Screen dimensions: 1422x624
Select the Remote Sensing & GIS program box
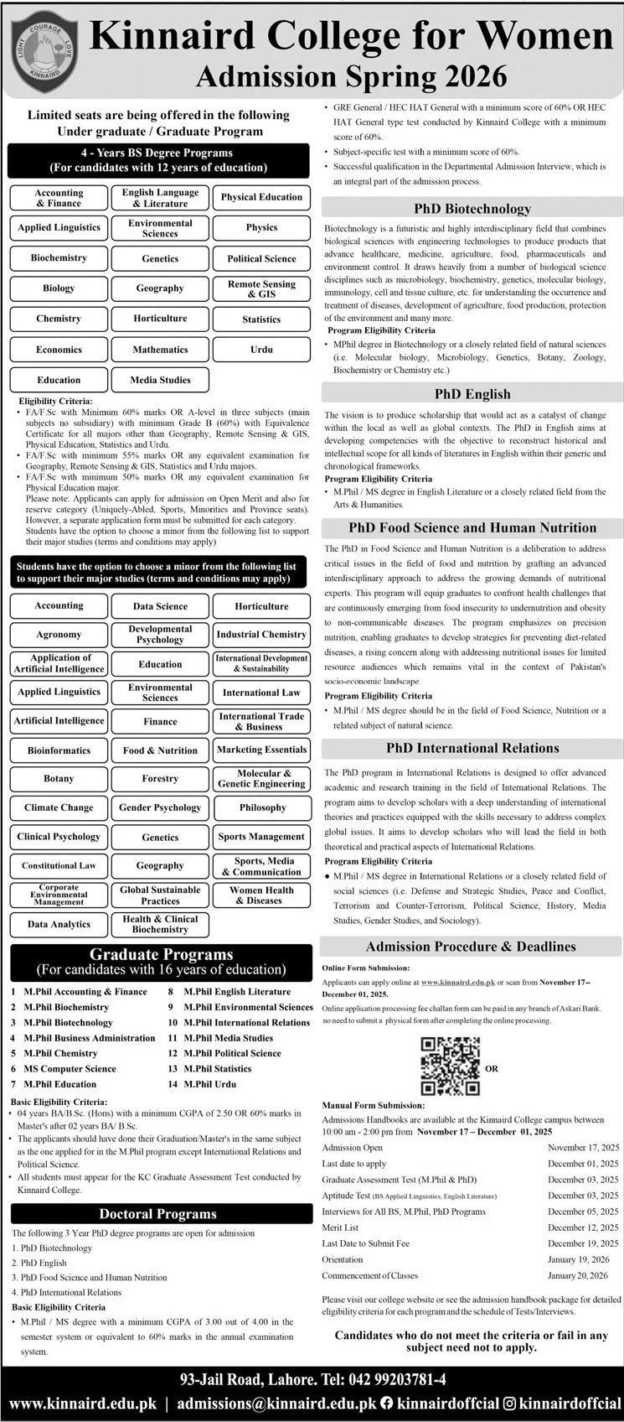click(x=261, y=289)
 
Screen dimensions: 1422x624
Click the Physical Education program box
click(x=261, y=198)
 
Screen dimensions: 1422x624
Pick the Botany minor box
click(x=59, y=779)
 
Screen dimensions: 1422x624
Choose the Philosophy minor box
click(x=261, y=807)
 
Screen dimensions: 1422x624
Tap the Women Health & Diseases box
click(x=261, y=895)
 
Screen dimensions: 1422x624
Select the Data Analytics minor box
click(x=59, y=924)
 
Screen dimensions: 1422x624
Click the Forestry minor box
click(x=160, y=779)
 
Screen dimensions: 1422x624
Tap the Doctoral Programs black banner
click(x=157, y=1214)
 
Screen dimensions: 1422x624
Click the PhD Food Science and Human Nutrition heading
click(x=472, y=527)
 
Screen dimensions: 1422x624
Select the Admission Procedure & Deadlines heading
click(x=472, y=947)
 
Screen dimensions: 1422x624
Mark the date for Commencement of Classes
click(x=583, y=1275)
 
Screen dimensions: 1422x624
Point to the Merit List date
click(x=583, y=1227)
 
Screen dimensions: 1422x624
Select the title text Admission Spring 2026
click(x=351, y=77)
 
